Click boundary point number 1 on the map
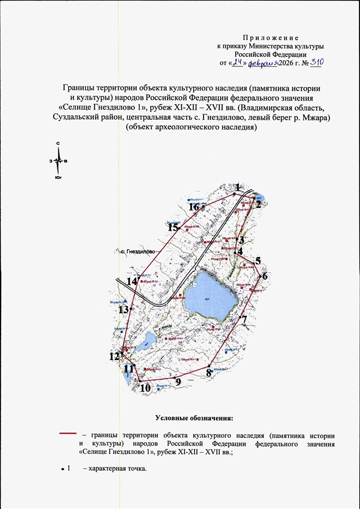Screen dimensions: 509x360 (x=234, y=193)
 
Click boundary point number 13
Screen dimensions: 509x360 (x=130, y=309)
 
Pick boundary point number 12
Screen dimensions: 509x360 (x=122, y=353)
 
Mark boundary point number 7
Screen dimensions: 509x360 (x=241, y=316)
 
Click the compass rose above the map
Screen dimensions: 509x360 (x=58, y=161)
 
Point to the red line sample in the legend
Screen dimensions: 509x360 (x=67, y=434)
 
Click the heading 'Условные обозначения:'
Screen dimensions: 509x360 (x=193, y=418)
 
